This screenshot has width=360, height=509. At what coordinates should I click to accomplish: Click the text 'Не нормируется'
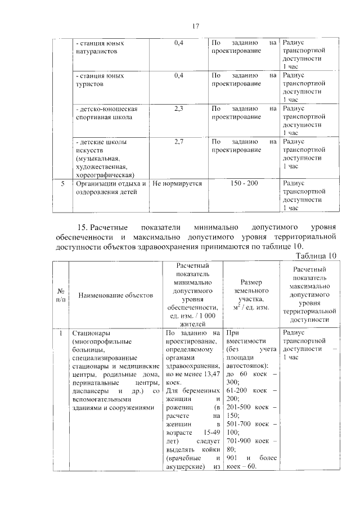click(177, 183)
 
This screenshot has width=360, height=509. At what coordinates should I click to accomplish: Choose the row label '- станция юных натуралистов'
click(99, 47)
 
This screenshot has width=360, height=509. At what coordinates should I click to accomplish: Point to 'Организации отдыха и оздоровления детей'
click(111, 187)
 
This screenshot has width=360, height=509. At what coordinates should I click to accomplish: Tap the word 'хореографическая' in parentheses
click(104, 175)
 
